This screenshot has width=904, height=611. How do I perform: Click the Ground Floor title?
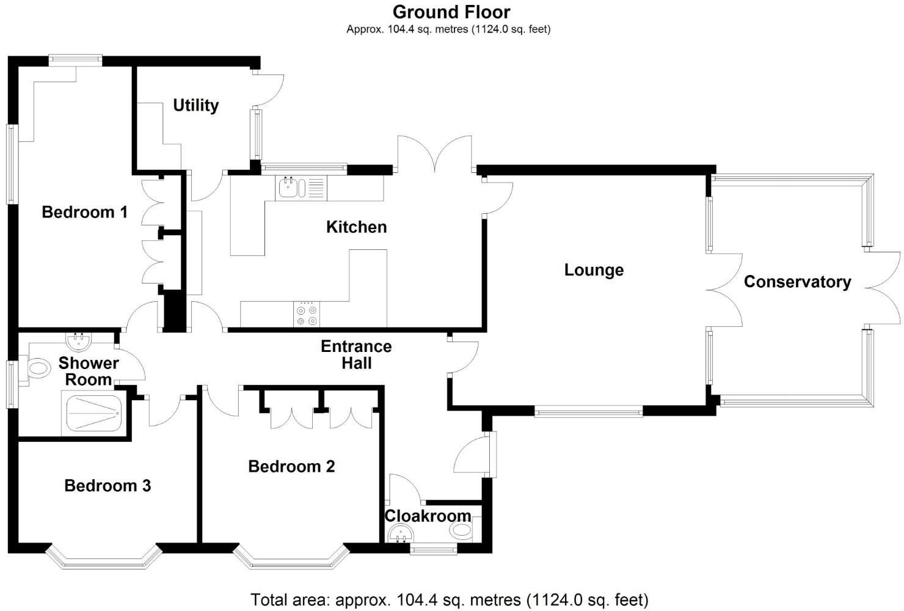(x=451, y=12)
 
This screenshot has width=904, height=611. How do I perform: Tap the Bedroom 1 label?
(x=84, y=212)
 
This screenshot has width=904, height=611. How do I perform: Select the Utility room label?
(x=195, y=105)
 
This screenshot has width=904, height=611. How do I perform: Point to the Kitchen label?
(x=356, y=227)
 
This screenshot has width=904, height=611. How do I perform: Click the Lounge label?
(x=594, y=270)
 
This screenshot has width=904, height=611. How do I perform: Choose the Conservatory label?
(x=797, y=282)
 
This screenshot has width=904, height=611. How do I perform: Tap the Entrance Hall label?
(x=356, y=354)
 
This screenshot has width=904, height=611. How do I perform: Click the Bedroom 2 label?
(x=291, y=466)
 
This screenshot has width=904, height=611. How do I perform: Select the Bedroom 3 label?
(x=108, y=486)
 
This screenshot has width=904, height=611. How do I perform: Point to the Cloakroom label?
(x=428, y=516)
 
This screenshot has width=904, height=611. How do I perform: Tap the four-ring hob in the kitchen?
(x=307, y=314)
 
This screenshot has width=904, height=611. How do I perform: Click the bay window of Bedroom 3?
(x=104, y=557)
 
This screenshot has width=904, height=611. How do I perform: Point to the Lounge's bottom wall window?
(x=588, y=412)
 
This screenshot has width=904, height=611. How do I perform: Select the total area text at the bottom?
(x=449, y=599)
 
